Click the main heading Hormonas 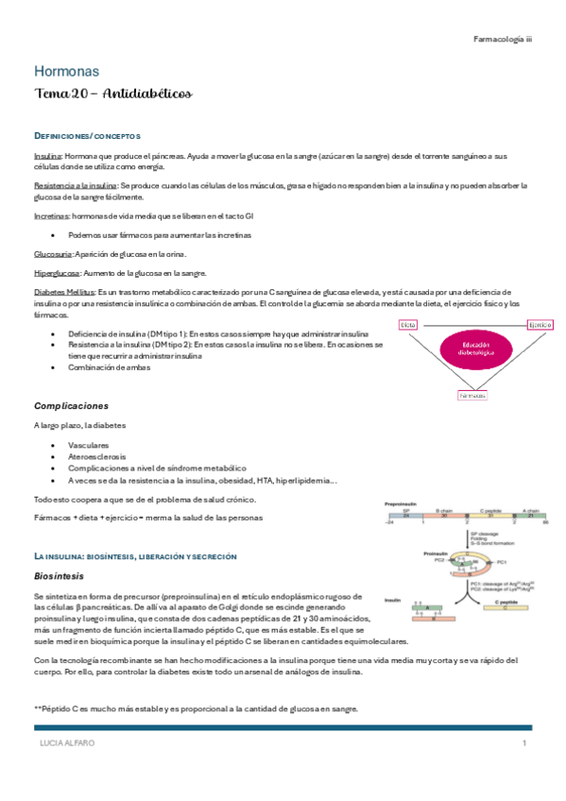point(66,71)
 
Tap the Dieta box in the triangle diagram point(408,324)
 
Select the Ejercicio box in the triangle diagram point(540,324)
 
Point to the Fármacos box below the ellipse point(472,396)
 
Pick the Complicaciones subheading point(77,405)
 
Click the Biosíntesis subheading point(60,574)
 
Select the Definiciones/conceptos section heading point(87,136)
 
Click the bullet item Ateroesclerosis point(95,455)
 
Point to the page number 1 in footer point(523,743)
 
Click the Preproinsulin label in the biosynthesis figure point(402,504)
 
